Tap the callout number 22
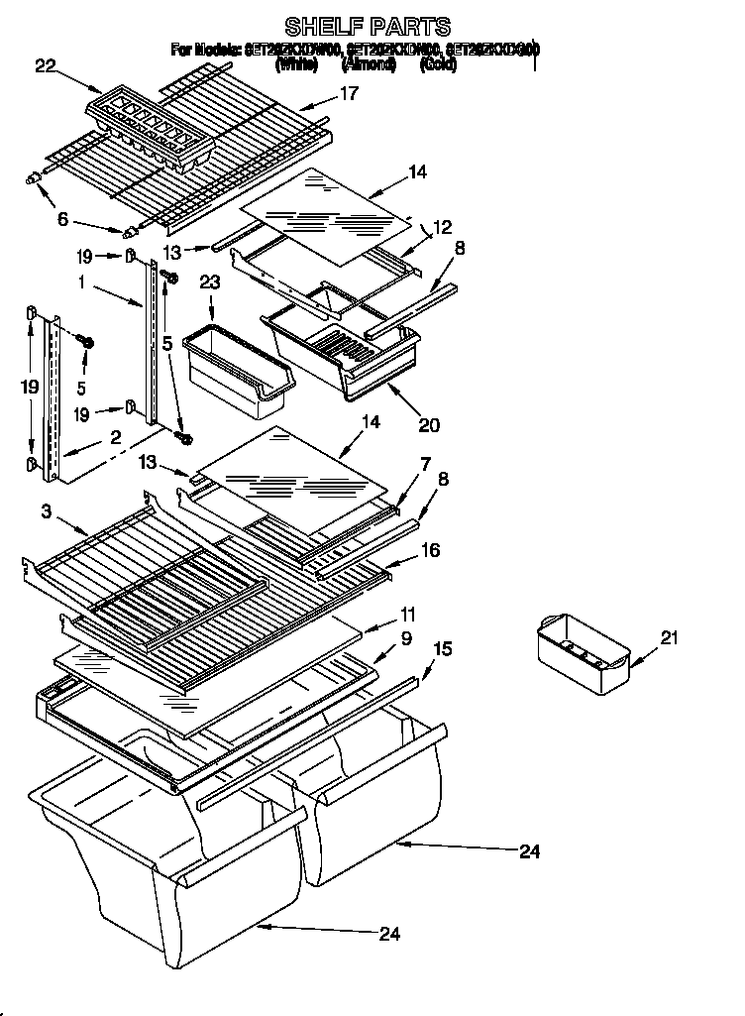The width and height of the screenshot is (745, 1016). click(x=46, y=66)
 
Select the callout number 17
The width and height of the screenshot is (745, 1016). click(x=349, y=94)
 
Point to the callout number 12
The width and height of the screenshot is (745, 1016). click(x=442, y=226)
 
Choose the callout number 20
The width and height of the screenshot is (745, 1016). click(x=429, y=425)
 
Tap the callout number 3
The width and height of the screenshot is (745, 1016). click(x=46, y=510)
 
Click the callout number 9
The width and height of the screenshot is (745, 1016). click(x=406, y=639)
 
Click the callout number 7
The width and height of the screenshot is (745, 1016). click(x=424, y=463)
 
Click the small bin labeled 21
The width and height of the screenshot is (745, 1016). click(x=582, y=653)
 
